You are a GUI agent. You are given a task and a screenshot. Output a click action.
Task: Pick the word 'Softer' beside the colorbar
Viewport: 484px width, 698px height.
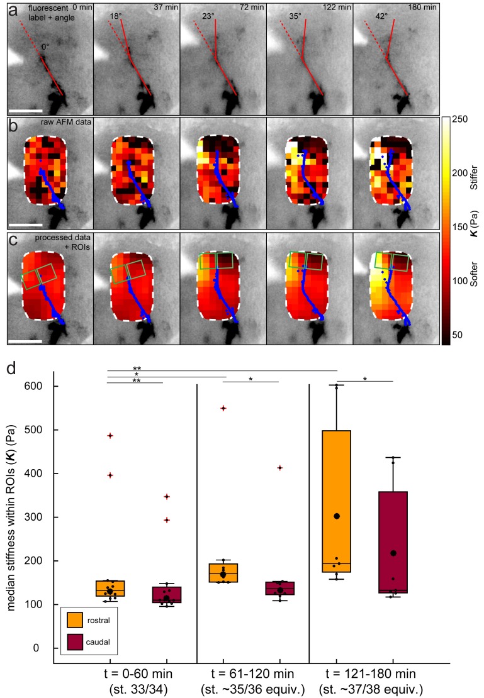coord(476,289)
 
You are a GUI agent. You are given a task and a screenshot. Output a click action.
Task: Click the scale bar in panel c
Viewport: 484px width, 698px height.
coord(25,341)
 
